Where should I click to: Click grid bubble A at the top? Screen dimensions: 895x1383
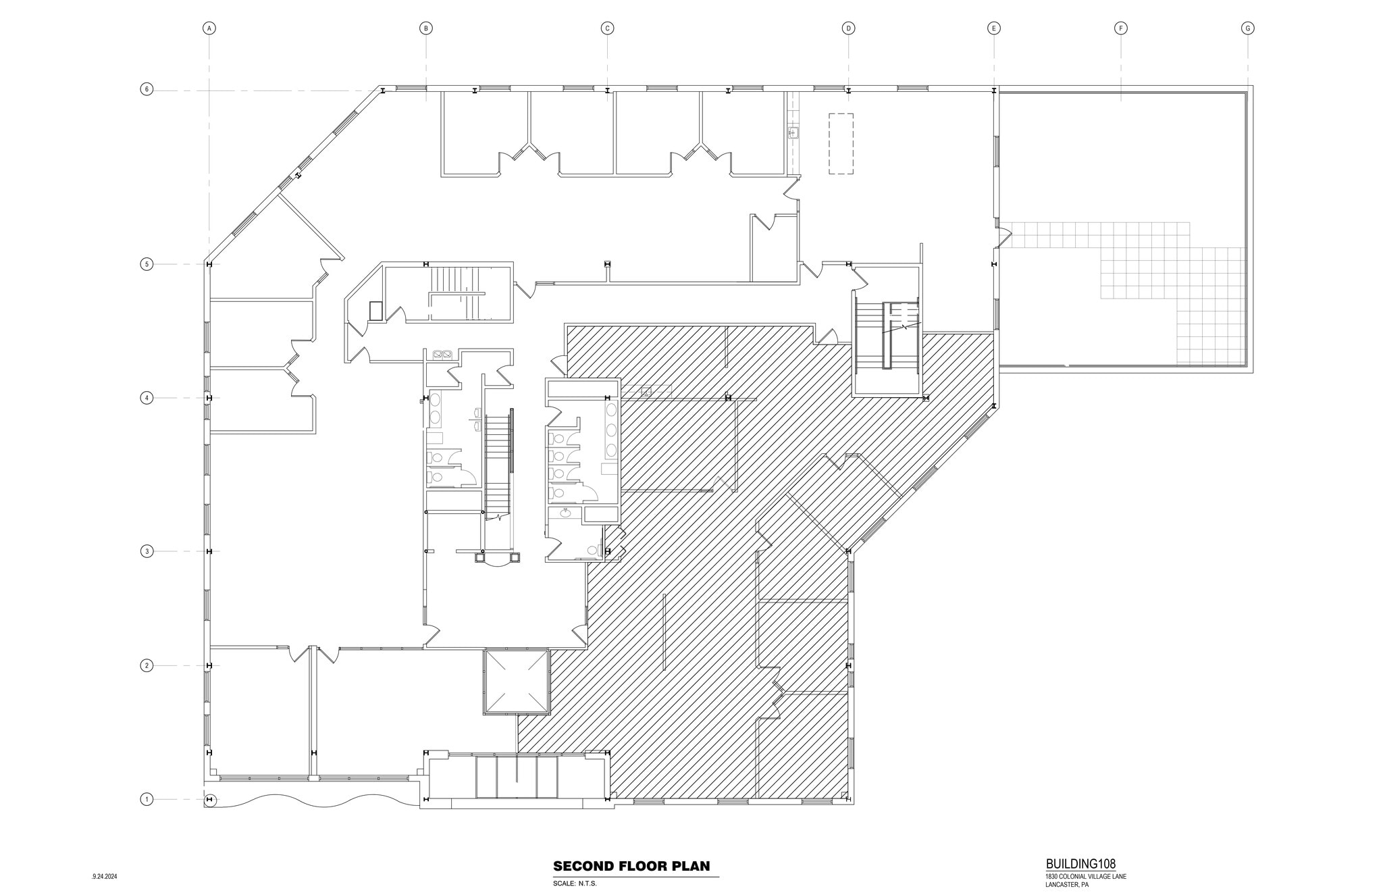[209, 28]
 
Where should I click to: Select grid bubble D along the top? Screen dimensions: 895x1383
[848, 28]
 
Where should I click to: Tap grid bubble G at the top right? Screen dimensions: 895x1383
[1247, 28]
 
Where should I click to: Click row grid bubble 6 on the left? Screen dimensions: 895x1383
[147, 89]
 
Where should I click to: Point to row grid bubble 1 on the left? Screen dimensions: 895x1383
[147, 800]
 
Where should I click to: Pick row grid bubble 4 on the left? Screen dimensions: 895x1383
[147, 398]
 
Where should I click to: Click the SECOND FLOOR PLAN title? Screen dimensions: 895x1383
[631, 866]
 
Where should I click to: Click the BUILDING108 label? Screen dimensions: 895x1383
[1080, 863]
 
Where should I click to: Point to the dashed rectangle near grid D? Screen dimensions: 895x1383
[841, 144]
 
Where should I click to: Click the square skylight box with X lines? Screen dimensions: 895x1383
[516, 682]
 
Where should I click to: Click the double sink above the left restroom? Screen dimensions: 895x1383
[442, 354]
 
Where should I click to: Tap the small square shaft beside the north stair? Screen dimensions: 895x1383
[376, 310]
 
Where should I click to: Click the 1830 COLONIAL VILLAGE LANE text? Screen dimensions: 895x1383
[1085, 877]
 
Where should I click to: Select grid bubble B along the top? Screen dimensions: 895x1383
[425, 28]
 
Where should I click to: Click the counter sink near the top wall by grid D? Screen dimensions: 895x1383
[793, 132]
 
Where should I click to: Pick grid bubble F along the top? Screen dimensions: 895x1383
[1120, 28]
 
